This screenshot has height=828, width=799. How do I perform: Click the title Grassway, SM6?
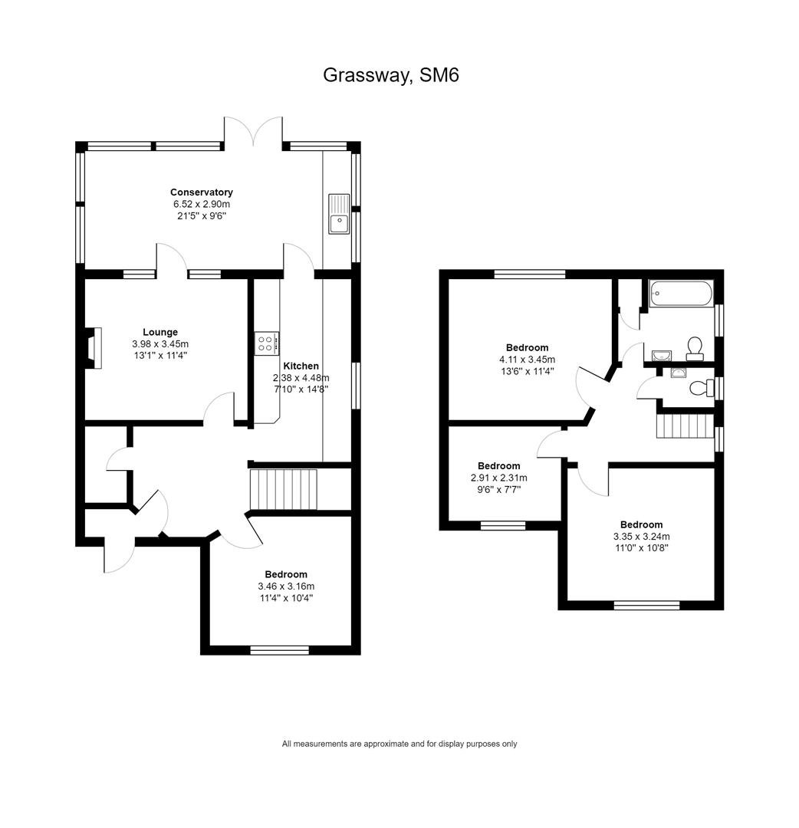coord(391,75)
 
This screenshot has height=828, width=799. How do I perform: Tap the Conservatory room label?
coord(201,192)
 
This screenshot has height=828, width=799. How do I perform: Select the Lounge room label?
coord(160,332)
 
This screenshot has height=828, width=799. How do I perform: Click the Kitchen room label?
coord(301,366)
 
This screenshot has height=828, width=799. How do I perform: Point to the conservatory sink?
coord(339,214)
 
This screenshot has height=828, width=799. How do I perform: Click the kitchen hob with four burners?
coord(265,343)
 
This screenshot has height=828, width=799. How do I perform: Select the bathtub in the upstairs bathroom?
coord(681,293)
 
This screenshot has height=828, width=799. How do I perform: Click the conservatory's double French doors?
coord(254,131)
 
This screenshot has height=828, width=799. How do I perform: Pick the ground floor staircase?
coord(283,489)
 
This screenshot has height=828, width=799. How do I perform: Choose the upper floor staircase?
coord(685,426)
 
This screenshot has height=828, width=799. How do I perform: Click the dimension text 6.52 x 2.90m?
coord(202,205)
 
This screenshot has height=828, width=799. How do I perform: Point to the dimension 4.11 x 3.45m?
coord(527,360)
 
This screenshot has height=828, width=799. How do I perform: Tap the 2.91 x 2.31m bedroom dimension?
coord(499,478)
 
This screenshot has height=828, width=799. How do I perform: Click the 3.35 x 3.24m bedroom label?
coord(642,537)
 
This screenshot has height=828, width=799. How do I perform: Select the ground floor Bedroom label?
coord(286,574)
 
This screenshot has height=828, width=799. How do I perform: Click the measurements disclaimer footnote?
coord(399,744)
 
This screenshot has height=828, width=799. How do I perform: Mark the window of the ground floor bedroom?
coord(279,650)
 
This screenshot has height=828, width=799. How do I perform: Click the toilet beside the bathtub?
coord(695,349)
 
